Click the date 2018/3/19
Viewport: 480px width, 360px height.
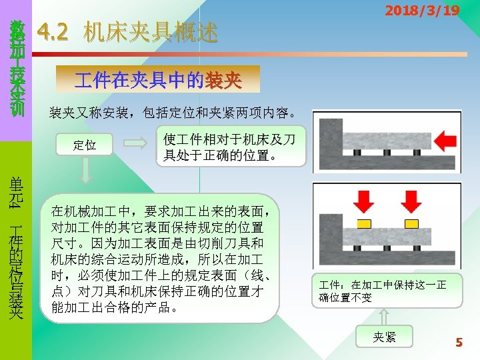tap(421, 11)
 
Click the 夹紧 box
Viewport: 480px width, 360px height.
tap(385, 337)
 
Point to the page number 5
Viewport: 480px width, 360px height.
tap(459, 343)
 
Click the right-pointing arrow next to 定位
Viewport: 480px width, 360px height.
tap(137, 143)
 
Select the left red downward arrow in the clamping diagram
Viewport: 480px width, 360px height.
tap(364, 201)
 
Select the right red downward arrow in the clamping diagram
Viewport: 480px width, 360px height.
tap(411, 201)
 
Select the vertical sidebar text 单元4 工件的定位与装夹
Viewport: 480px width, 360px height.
tap(16, 247)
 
